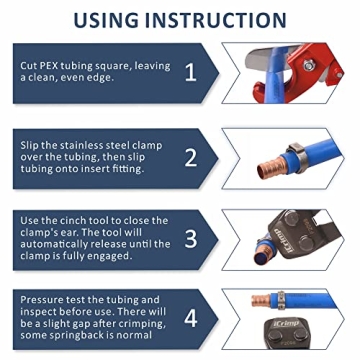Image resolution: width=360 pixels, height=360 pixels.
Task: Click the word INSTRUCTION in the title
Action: [x=223, y=19]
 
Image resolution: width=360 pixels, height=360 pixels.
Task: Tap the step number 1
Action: [x=190, y=71]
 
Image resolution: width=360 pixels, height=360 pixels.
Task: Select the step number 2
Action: [x=190, y=157]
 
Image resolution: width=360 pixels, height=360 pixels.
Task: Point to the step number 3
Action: [x=190, y=241]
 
